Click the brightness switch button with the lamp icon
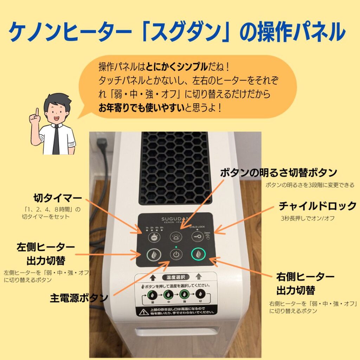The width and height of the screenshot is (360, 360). pos(175,237)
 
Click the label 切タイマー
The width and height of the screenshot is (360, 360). pos(58,197)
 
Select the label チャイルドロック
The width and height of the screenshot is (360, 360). pos(317,206)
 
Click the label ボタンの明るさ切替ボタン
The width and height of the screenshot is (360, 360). pos(278,173)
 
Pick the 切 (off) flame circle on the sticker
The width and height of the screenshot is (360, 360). pos(200,294)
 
